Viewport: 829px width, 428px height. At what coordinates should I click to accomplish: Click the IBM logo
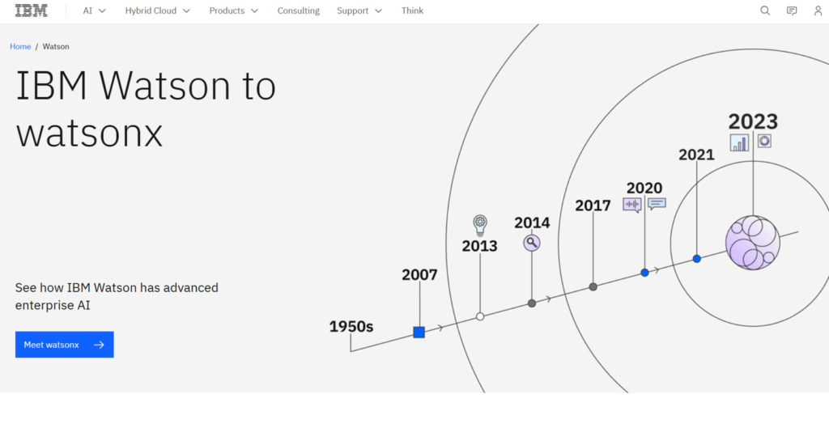32,11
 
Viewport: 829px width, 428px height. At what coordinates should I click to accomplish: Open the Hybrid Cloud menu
157,11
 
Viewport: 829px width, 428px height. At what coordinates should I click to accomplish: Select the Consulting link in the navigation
298,11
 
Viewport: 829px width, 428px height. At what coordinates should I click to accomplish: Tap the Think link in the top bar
412,11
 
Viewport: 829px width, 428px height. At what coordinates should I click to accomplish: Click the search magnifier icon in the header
765,11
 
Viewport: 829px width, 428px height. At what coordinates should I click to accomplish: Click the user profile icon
818,11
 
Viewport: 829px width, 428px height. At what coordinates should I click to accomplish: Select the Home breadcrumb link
20,47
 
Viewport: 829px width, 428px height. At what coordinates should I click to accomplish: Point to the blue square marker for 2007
419,332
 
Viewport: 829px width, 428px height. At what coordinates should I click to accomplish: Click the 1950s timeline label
351,327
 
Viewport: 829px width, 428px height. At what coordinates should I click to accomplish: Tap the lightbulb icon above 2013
480,224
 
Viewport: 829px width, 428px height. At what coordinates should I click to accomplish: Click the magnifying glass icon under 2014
531,242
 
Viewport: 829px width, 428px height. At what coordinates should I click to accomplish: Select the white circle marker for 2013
480,316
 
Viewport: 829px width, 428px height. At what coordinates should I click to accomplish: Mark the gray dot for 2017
593,286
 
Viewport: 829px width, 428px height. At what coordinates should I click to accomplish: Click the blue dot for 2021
696,259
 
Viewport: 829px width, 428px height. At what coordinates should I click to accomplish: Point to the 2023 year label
753,121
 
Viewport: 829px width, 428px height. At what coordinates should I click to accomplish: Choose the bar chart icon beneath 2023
739,142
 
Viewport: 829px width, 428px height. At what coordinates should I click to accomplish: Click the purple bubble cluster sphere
752,243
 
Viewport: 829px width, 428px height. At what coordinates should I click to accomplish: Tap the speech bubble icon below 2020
657,204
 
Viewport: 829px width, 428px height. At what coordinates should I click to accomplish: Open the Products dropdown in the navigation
233,11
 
